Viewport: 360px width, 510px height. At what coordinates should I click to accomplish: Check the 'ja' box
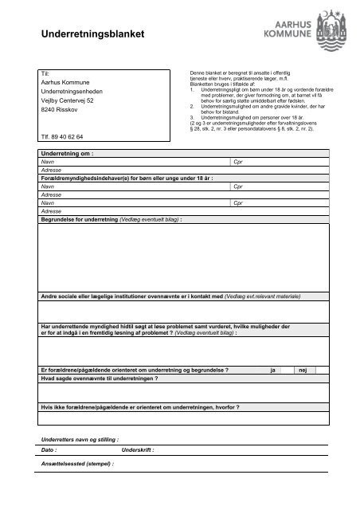pyautogui.click(x=274, y=371)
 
